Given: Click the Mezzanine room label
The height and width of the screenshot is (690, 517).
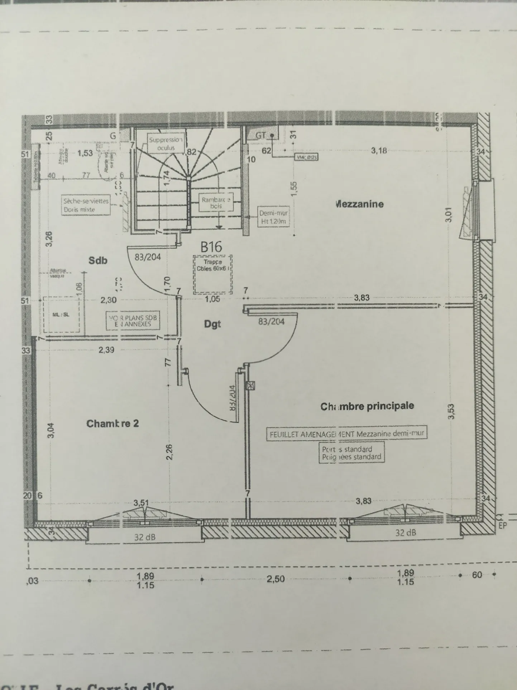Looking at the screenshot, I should (359, 204).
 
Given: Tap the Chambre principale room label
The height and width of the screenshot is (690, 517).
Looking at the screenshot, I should (367, 406).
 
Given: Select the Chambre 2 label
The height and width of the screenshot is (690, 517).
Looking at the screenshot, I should (113, 424).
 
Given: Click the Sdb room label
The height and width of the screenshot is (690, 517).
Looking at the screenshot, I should (98, 260).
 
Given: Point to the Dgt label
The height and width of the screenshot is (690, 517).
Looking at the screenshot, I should (212, 324).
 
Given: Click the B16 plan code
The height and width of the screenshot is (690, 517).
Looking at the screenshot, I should (211, 246).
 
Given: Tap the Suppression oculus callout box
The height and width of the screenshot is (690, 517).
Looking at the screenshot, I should (166, 144).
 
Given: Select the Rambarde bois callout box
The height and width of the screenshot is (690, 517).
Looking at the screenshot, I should (216, 203).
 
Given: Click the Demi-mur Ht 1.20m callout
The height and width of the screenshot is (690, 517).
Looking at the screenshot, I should (274, 217).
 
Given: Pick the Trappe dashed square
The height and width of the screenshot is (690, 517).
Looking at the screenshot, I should (213, 274).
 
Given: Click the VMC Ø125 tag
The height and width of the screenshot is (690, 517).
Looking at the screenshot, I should (307, 157).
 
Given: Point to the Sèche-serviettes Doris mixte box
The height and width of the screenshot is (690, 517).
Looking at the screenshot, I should (86, 205).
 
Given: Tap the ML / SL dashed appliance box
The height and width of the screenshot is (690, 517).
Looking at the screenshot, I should (61, 315).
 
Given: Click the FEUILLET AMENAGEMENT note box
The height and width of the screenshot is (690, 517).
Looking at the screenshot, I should (347, 434).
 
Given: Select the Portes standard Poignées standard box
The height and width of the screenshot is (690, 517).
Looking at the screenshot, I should (351, 453).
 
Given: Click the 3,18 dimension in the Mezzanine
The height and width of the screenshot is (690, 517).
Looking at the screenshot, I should (379, 151).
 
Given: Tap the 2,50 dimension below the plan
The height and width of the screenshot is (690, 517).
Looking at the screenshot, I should (276, 579).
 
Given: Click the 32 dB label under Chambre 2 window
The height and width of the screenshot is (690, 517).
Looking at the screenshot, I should (145, 537).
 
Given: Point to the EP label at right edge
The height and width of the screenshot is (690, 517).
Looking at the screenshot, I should (503, 526).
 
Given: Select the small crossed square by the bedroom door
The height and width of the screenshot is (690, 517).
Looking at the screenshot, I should (250, 386).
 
